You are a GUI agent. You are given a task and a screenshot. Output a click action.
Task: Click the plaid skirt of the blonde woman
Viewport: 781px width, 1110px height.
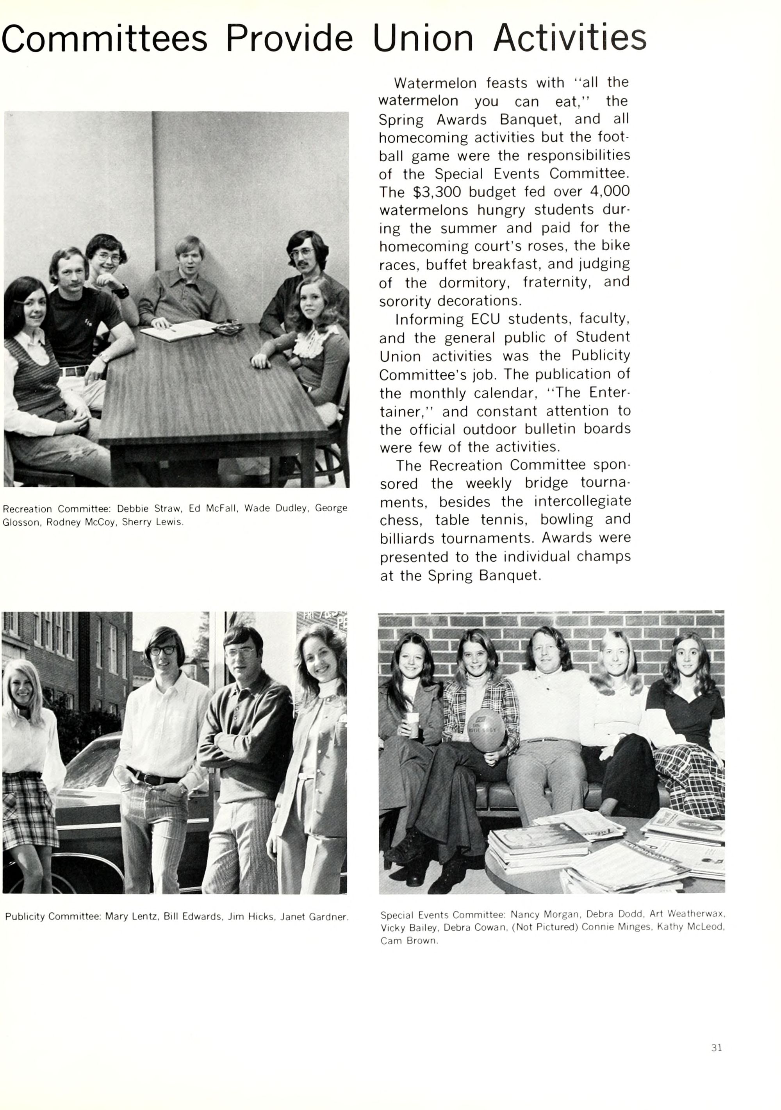(29, 803)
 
